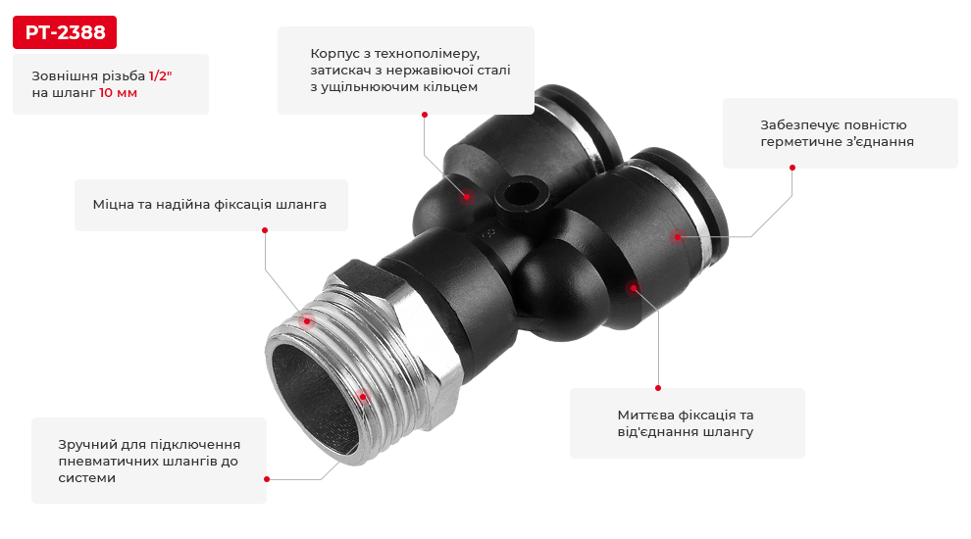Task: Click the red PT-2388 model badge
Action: click(65, 32)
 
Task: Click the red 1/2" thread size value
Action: click(160, 75)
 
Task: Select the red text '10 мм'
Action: click(119, 93)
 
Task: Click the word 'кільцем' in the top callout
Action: click(451, 87)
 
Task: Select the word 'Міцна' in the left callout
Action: click(114, 205)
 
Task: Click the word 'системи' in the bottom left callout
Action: click(87, 478)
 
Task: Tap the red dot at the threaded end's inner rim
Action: click(363, 397)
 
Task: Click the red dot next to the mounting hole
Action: click(467, 196)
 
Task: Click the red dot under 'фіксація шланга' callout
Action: click(265, 230)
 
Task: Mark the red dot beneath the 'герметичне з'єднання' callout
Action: click(792, 168)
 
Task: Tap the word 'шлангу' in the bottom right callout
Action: click(730, 431)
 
